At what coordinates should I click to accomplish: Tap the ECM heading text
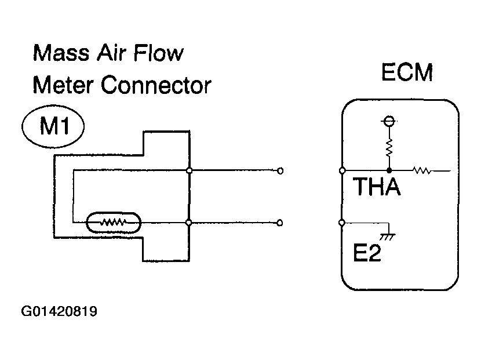407,72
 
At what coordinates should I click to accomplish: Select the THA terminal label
377,187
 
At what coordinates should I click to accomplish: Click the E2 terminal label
367,253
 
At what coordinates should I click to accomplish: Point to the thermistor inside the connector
114,223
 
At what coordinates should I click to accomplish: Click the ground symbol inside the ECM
388,237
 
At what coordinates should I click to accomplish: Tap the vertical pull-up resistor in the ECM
389,147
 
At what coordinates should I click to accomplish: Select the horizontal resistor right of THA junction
422,170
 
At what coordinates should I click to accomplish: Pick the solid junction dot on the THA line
389,170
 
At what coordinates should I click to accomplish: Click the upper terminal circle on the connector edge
190,170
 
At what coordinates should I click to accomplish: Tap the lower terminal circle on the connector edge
189,223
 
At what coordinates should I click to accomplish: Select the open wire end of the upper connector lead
280,170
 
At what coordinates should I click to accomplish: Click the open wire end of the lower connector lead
280,223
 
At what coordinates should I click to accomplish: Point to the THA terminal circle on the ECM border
342,170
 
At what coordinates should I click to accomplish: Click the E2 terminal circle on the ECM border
342,223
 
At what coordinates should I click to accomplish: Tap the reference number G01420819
59,311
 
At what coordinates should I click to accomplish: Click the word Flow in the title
158,53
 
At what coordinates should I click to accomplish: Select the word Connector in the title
156,85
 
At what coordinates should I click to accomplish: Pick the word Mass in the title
61,53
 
